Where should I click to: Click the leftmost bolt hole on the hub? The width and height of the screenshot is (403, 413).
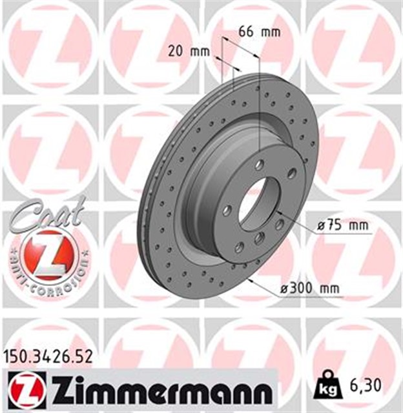point(227,210)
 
